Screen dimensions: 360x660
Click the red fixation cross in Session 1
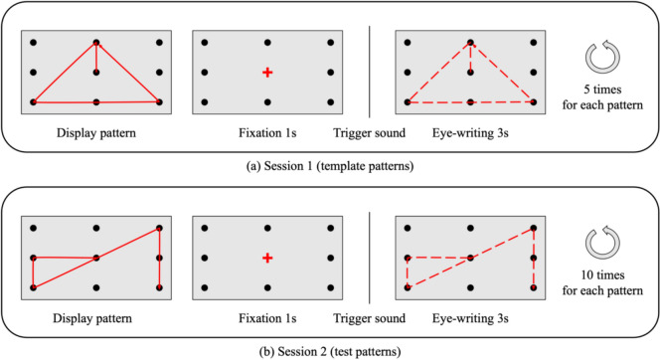pyautogui.click(x=266, y=73)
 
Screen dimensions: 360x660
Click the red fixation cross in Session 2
pyautogui.click(x=266, y=259)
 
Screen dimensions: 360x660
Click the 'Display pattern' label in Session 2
pyautogui.click(x=96, y=315)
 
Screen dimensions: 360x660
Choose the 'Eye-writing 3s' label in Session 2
pyautogui.click(x=469, y=315)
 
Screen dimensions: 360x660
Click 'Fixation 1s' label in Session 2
pyautogui.click(x=266, y=315)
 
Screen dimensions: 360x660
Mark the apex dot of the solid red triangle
pyautogui.click(x=96, y=43)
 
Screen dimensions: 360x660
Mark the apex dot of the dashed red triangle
pyautogui.click(x=470, y=43)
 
